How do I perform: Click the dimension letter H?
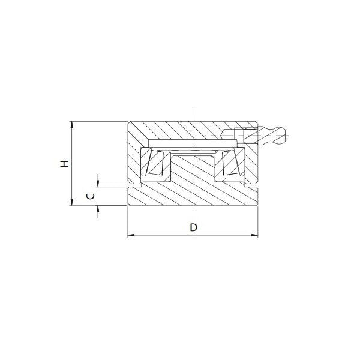click(65, 163)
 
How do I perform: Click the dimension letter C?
click(90, 196)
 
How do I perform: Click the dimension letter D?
click(194, 227)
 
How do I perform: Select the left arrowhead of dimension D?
click(131, 235)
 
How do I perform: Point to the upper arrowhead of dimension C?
click(98, 184)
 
